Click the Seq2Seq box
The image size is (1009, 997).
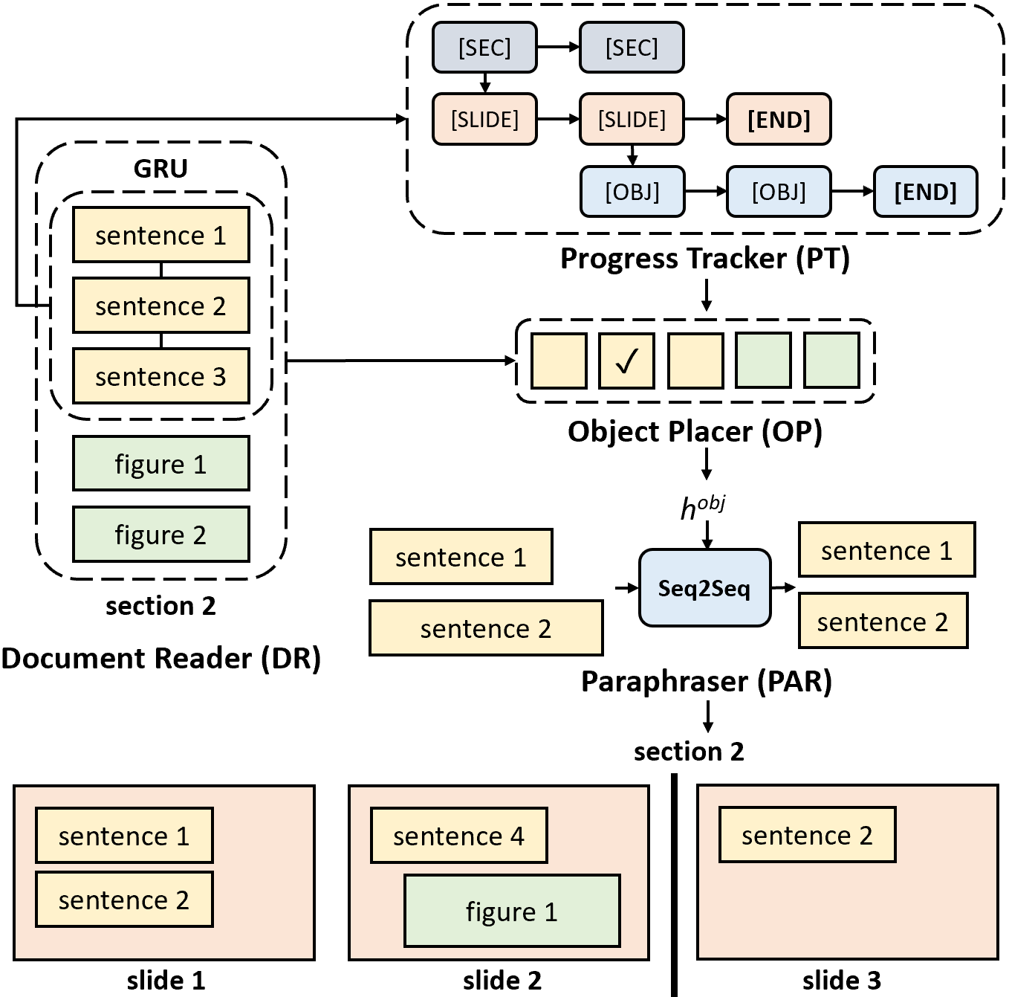(704, 588)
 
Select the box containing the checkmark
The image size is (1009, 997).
(626, 361)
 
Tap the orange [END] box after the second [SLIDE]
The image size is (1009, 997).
(778, 119)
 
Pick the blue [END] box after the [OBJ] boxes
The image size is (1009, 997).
(925, 192)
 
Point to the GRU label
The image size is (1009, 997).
(160, 169)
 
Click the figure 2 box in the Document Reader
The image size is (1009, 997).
(160, 535)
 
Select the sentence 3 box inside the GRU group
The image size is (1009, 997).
(160, 376)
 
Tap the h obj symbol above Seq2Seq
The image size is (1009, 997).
(702, 507)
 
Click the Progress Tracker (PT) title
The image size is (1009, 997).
(704, 259)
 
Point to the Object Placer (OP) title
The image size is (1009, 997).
(695, 431)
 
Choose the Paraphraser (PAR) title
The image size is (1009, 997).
(706, 681)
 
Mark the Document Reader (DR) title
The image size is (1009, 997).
(160, 659)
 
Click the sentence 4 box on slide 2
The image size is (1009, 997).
(458, 836)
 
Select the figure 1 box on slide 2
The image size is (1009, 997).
(512, 911)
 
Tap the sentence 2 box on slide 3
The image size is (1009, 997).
(807, 835)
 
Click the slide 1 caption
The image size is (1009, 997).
(166, 981)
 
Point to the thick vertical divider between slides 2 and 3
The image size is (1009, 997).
(674, 885)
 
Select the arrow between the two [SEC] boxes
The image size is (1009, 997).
(558, 48)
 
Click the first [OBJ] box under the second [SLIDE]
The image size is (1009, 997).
(632, 192)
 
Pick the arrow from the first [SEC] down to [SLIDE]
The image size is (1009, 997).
(485, 83)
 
